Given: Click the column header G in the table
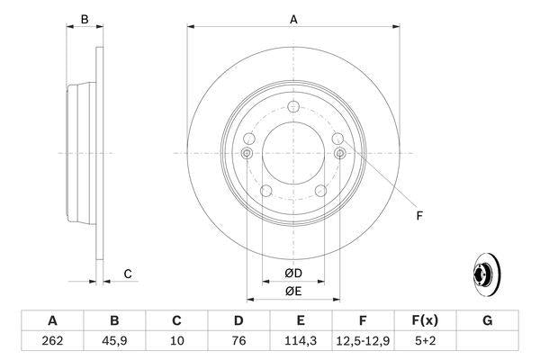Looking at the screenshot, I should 487,320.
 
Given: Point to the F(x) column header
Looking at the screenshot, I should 425,320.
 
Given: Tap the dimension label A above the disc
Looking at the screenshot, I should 293,18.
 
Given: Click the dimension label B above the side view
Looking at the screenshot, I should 84,18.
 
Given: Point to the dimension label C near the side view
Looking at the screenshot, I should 128,274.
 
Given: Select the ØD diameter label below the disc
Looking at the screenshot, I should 293,272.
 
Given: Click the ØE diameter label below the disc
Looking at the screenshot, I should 293,290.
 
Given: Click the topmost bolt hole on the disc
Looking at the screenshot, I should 293,107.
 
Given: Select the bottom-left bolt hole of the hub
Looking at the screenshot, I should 266,189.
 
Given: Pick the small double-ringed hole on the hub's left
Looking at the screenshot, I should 247,154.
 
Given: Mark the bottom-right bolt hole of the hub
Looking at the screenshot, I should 321,189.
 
